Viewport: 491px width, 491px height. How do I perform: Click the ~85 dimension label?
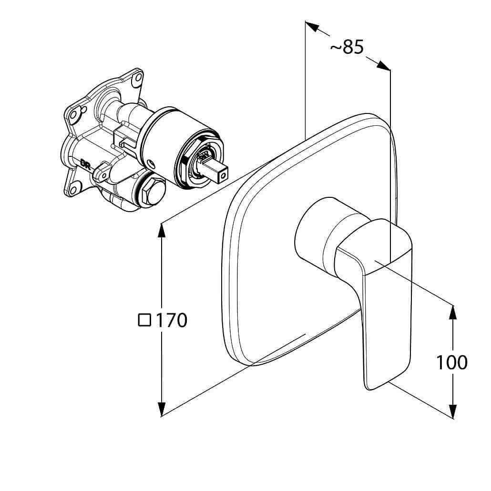pyautogui.click(x=347, y=48)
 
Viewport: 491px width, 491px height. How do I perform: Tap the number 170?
pyautogui.click(x=171, y=320)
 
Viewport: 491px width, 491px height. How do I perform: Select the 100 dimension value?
pyautogui.click(x=451, y=362)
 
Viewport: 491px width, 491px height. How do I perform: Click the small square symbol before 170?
pyautogui.click(x=144, y=320)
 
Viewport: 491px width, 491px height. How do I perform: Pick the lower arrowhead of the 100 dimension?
pyautogui.click(x=453, y=410)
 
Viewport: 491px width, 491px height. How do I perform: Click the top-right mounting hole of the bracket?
pyautogui.click(x=137, y=78)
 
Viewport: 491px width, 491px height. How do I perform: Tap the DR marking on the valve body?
pyautogui.click(x=85, y=164)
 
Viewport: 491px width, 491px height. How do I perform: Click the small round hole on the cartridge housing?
pyautogui.click(x=151, y=163)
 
